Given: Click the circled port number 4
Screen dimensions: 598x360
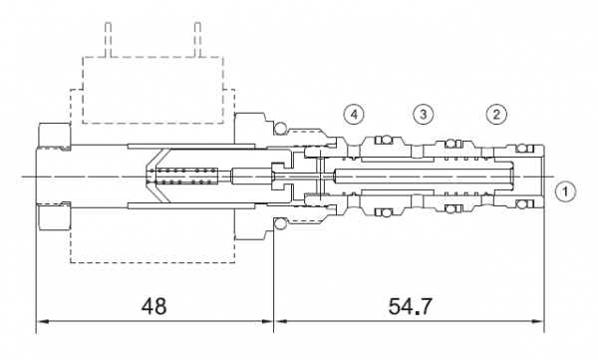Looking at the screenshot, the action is point(354,114).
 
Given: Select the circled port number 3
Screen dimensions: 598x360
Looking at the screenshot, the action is point(423,114).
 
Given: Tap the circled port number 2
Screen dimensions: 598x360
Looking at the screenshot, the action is point(496,114).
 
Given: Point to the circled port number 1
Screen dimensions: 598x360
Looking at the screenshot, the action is point(565,190).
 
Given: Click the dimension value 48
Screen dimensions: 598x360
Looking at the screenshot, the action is point(154,306).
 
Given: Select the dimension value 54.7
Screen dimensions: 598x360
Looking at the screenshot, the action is point(411,306).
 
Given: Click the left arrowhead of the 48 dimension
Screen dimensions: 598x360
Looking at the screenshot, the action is point(43,321).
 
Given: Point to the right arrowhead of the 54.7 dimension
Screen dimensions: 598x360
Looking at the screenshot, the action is point(537,321).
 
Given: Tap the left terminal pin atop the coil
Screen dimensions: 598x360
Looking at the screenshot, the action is point(109,40).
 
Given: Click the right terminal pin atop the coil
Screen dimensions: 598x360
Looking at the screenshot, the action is point(197,40).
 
